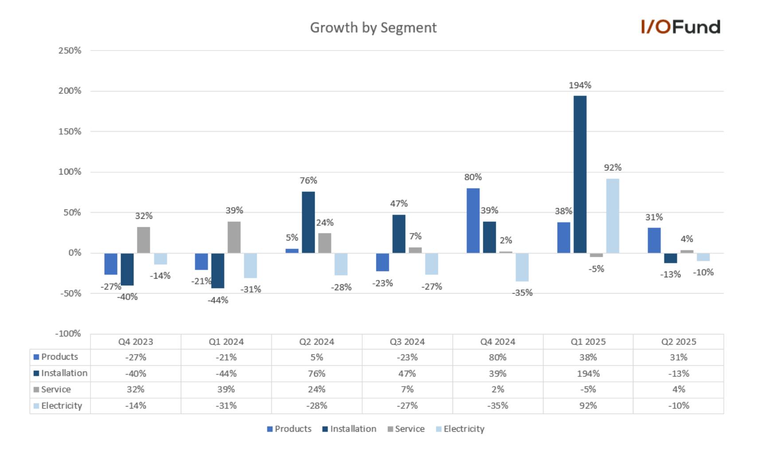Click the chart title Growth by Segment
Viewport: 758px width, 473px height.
coord(373,28)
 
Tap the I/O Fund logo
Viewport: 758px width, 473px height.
coord(680,27)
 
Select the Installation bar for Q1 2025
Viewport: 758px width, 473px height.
coord(580,174)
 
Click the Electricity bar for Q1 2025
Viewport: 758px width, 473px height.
coord(613,216)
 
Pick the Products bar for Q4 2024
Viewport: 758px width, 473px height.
coord(473,221)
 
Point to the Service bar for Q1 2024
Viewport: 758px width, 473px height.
coord(234,237)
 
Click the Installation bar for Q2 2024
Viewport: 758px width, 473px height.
coord(308,222)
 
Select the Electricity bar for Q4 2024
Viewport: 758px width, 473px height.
coord(522,267)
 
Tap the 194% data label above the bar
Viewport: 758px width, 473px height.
coord(580,85)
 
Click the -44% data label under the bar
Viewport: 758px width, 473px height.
coord(218,300)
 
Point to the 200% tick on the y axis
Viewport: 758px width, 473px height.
coord(70,91)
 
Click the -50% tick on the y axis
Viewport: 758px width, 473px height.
coord(71,293)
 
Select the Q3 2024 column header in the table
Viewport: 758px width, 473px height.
coord(407,342)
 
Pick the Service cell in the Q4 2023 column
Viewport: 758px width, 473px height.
coord(136,389)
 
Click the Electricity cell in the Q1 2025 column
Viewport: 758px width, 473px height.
coord(588,405)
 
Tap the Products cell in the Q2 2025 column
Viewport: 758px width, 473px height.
coord(679,357)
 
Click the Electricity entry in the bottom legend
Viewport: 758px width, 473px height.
coord(460,429)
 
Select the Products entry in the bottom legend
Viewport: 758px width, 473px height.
coord(289,429)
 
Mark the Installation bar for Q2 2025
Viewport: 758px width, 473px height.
coord(670,258)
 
